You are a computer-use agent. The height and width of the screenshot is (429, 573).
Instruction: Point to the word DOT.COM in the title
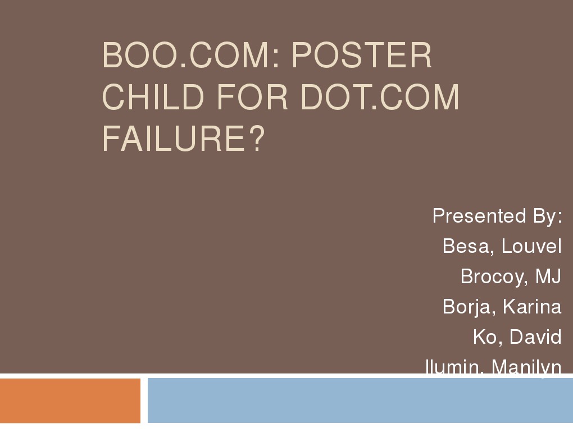(x=380, y=97)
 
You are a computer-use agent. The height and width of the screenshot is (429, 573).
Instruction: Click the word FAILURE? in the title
(x=183, y=138)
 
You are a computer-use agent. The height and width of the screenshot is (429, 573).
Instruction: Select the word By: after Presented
(x=544, y=216)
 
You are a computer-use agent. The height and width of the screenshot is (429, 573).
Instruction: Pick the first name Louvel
(x=531, y=246)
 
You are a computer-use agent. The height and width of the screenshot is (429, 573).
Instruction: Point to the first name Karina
(x=532, y=307)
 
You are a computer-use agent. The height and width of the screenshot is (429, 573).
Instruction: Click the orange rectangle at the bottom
(x=70, y=400)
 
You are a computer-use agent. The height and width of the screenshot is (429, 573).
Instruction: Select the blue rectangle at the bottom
(x=360, y=400)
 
